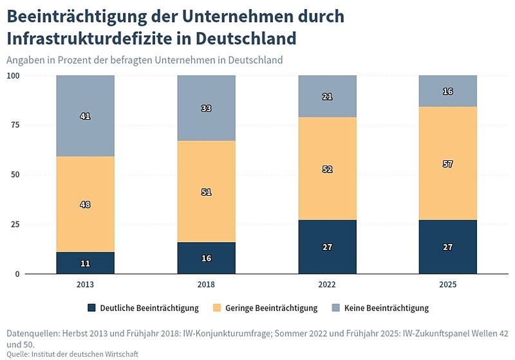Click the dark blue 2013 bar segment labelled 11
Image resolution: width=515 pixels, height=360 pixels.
(x=85, y=263)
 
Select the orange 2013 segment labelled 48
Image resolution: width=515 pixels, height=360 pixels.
(x=85, y=204)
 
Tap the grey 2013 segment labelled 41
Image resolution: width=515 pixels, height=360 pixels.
(x=85, y=116)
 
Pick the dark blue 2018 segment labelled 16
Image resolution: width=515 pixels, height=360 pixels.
(x=206, y=258)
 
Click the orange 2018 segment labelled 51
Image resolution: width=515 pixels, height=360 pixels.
(x=206, y=191)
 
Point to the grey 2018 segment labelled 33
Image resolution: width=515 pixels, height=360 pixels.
(x=206, y=108)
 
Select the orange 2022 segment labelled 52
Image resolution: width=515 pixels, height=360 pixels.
(x=327, y=169)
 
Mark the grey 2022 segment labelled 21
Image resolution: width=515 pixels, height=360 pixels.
(x=327, y=96)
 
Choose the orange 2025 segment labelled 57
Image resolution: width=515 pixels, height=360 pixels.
(x=448, y=164)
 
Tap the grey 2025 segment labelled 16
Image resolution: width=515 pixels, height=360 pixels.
(x=448, y=91)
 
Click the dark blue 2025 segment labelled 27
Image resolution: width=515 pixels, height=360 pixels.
(x=448, y=247)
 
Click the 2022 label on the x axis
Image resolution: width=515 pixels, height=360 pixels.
(x=327, y=284)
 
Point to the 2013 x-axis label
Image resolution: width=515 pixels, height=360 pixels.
(x=85, y=284)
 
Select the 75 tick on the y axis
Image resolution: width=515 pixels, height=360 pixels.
(x=14, y=125)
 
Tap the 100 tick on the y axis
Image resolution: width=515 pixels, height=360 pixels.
(x=14, y=75)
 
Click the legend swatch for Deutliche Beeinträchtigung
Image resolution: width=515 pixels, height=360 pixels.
(x=91, y=308)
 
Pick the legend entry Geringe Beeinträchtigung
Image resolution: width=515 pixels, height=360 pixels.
(x=274, y=308)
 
